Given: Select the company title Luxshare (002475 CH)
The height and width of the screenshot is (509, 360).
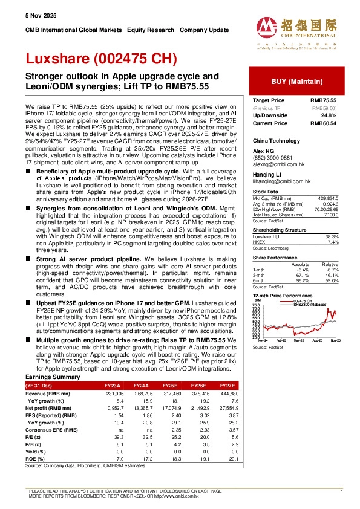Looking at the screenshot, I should pos(100,59).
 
